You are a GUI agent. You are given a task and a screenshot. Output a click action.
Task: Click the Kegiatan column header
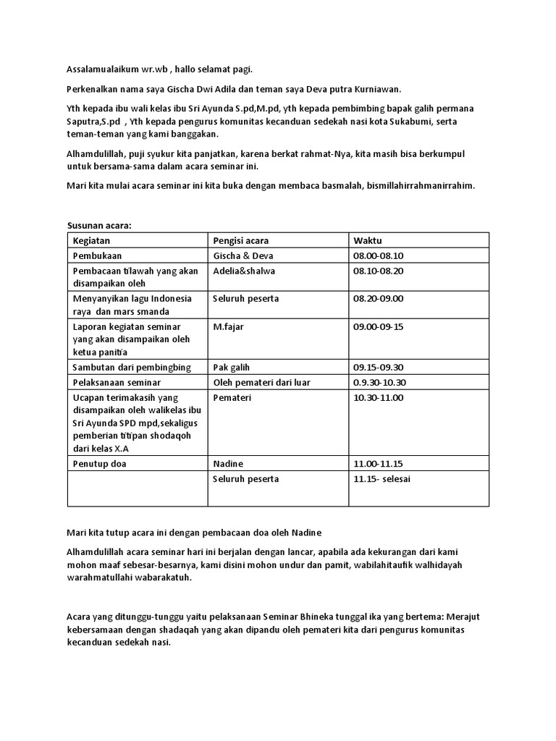[91, 240]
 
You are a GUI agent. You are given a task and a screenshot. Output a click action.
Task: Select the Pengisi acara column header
[241, 240]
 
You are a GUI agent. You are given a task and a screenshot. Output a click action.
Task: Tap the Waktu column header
[368, 240]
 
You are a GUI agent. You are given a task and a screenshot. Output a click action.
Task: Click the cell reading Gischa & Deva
[243, 255]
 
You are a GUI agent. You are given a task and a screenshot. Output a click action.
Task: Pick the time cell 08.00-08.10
[378, 255]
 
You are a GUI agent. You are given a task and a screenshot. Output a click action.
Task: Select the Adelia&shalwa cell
[244, 271]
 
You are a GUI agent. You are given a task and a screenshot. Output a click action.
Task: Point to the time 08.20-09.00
[378, 298]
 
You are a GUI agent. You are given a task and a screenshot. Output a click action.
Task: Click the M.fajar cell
[228, 326]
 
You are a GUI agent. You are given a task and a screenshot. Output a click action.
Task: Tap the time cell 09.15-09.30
[378, 368]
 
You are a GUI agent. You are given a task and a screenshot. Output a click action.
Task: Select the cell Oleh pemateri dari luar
[258, 382]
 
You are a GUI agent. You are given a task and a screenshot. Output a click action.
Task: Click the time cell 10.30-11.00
[378, 397]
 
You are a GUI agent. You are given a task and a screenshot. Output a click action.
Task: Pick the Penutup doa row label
[100, 463]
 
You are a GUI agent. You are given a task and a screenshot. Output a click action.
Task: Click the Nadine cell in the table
[228, 463]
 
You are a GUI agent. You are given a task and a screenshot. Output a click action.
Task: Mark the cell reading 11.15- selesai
[382, 478]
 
